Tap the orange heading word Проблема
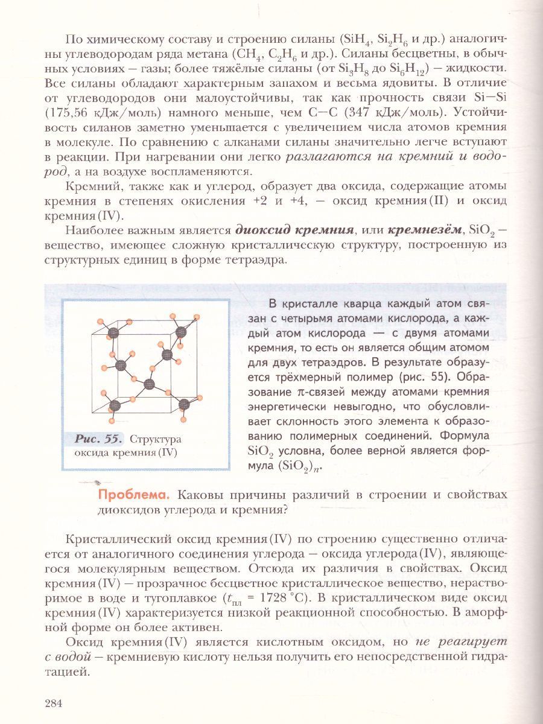coord(132,495)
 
